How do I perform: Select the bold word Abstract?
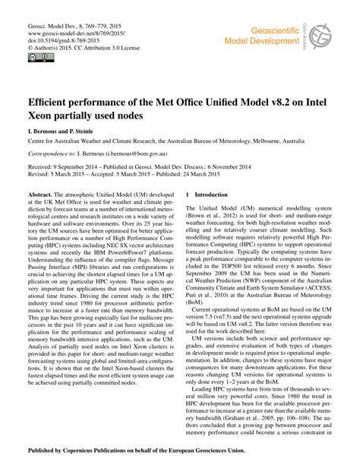pos(41,195)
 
